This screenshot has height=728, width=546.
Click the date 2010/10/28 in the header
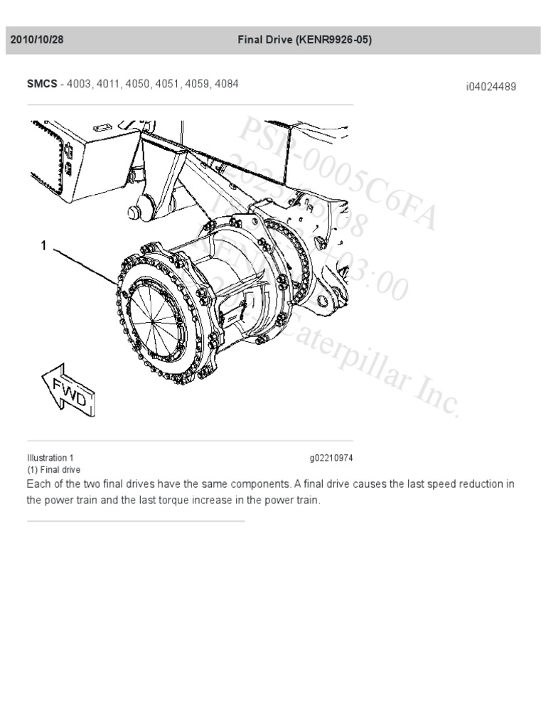[37, 41]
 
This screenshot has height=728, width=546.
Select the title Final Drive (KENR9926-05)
[304, 41]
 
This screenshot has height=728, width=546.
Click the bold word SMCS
[42, 84]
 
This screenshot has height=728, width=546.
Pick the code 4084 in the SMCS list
[226, 84]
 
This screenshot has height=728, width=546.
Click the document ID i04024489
[491, 87]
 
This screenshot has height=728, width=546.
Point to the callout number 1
[43, 246]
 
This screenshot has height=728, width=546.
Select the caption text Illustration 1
[50, 458]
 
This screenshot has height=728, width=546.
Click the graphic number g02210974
[331, 458]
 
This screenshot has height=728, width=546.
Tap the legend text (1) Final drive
[53, 470]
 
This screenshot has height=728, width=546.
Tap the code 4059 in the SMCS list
[196, 84]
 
